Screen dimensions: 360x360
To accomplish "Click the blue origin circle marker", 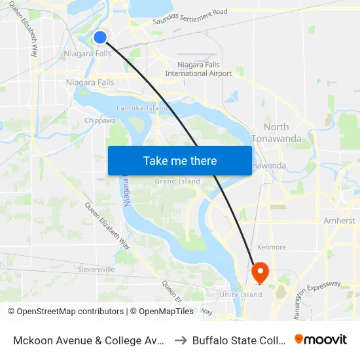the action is tap(100, 38).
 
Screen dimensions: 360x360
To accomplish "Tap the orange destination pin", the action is tap(260, 272).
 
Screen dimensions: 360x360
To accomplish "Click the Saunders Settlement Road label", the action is tap(190, 16).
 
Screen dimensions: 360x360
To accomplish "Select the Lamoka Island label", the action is tap(142, 107).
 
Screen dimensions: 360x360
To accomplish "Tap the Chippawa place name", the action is tap(100, 120).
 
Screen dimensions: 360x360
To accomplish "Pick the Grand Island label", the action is tap(177, 181).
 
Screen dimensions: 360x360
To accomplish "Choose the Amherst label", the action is tap(339, 221).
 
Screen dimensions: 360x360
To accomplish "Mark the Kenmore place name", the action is tap(272, 247).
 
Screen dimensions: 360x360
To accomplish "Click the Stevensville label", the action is tap(96, 269).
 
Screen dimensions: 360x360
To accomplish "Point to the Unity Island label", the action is tap(240, 295).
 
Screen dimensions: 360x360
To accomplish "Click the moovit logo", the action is tap(321, 339).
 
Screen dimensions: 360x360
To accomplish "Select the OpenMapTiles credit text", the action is tap(162, 312).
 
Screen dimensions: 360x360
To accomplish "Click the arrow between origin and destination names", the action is tap(180, 340).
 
